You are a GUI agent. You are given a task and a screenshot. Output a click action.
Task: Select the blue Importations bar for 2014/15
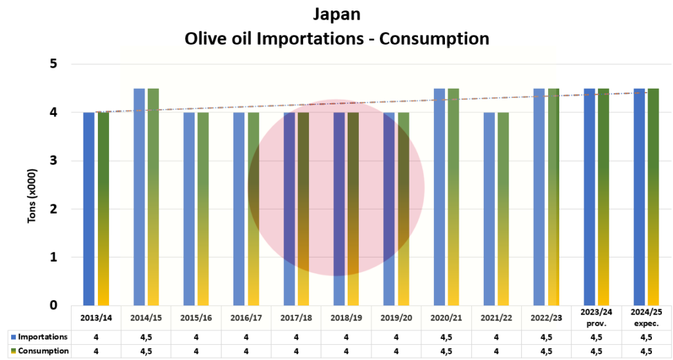point(139,197)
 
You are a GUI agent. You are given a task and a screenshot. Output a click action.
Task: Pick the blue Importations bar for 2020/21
point(438,197)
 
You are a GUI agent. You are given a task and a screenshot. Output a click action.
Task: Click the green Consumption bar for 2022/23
point(553,197)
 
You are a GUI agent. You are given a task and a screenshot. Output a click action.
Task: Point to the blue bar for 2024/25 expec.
point(639,197)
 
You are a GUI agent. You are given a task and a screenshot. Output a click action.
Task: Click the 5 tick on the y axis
point(54,64)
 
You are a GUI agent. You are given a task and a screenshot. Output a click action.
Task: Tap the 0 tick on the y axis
point(54,305)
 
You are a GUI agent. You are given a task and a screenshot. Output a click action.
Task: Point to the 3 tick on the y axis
point(54,161)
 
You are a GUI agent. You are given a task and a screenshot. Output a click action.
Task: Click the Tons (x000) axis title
point(32,197)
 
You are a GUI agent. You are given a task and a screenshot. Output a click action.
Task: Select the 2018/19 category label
point(346,318)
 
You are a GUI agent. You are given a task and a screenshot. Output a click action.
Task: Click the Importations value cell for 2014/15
point(146,337)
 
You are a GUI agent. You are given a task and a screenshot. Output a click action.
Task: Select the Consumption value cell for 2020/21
point(446,351)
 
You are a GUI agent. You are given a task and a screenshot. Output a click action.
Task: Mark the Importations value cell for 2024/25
point(646,337)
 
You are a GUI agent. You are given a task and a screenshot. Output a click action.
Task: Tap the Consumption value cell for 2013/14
point(96,351)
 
